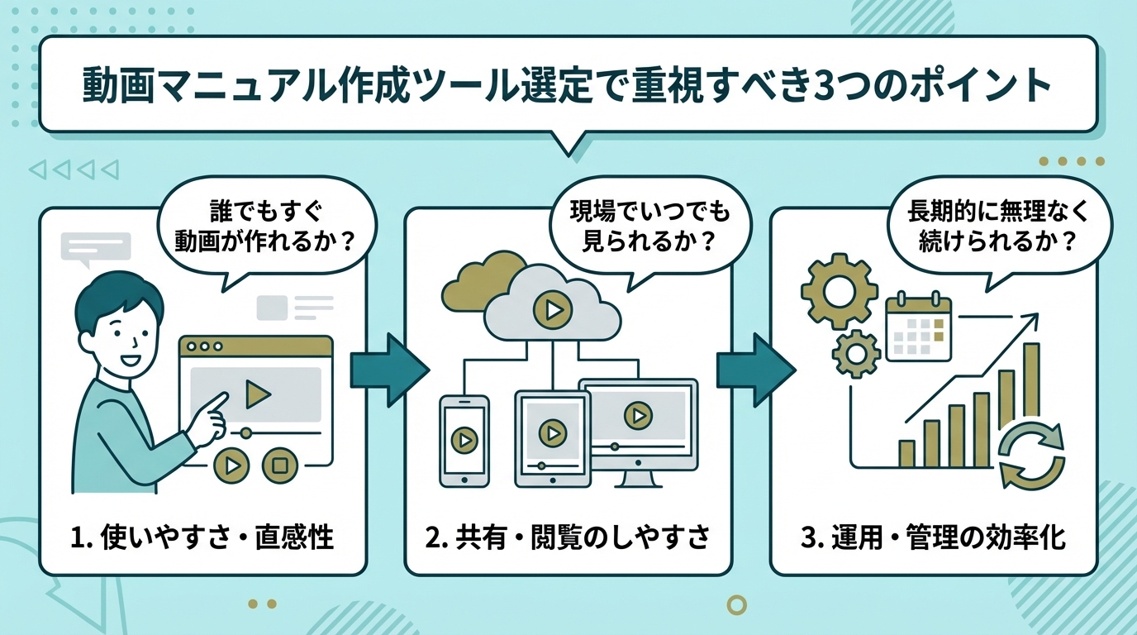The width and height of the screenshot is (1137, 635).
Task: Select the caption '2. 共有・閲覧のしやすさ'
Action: click(568, 538)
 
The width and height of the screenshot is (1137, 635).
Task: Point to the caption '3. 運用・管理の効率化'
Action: click(933, 538)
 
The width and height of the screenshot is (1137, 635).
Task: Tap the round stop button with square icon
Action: click(280, 466)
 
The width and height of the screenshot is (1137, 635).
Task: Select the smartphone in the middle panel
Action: click(464, 440)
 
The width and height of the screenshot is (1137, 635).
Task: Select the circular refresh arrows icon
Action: click(1032, 456)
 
